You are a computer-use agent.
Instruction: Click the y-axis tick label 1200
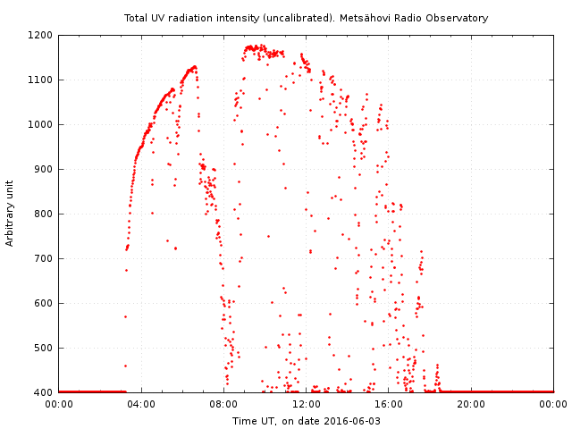[41, 35]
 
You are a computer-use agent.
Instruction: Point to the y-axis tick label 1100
[41, 80]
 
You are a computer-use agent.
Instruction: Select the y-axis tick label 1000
[41, 124]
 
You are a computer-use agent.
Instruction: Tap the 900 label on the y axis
[44, 169]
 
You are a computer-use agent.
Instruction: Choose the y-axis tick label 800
[44, 214]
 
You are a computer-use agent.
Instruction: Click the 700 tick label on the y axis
[44, 258]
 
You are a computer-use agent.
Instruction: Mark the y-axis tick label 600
[44, 303]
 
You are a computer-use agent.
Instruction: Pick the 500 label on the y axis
[44, 348]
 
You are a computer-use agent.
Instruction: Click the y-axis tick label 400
[44, 392]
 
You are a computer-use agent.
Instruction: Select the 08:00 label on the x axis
[223, 404]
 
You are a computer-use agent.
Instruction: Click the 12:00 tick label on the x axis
[307, 404]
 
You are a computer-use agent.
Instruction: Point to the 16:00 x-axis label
[389, 404]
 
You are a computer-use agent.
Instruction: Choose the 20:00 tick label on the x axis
[471, 404]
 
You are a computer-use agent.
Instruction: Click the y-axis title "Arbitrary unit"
[11, 213]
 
